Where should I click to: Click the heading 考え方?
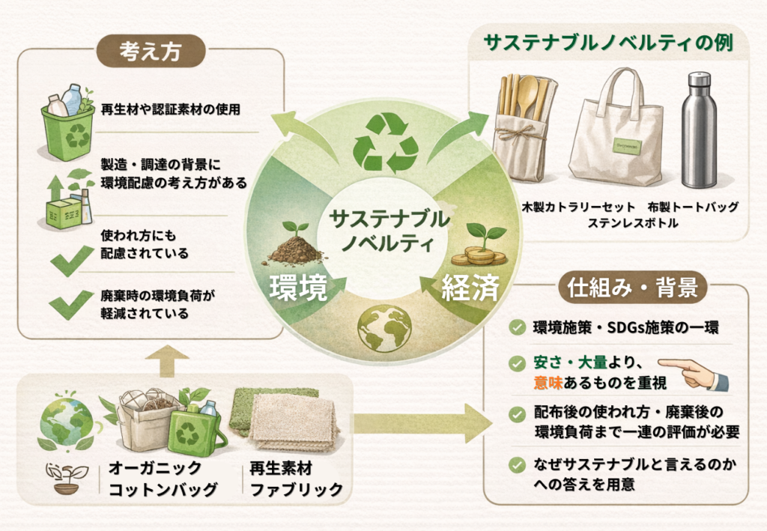151,51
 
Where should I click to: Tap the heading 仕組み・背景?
632,287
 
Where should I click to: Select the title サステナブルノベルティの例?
608,43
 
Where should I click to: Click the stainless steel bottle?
700,130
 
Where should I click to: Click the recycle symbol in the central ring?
386,142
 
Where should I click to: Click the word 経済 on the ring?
470,288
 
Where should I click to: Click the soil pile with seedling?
295,243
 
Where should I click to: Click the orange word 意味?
548,383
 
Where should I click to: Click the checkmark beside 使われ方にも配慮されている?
71,260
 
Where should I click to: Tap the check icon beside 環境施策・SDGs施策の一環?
517,327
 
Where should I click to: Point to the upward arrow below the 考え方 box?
167,360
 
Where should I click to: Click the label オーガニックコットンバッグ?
163,479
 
